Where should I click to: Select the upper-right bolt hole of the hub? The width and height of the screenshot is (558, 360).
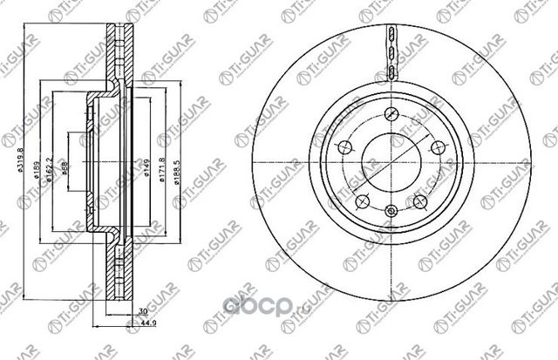pos(438,145)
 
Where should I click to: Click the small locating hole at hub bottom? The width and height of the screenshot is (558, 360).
pos(391,209)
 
